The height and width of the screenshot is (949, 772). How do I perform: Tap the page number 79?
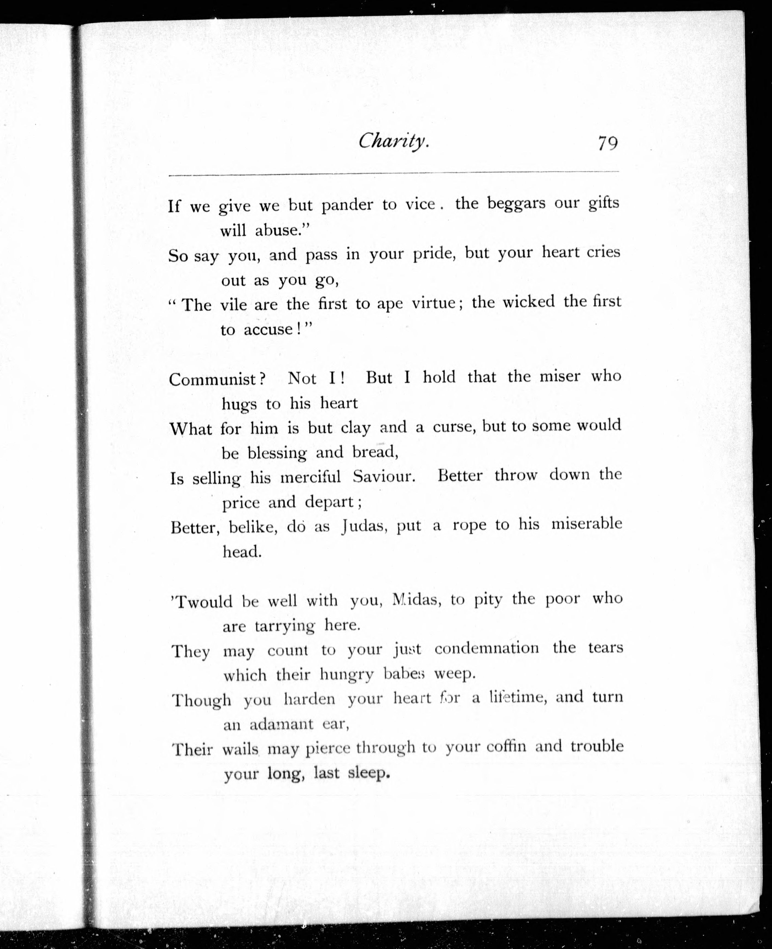607,144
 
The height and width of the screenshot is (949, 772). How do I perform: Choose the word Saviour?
384,477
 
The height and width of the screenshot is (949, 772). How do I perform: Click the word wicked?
529,302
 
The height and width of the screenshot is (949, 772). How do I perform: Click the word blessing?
277,453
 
